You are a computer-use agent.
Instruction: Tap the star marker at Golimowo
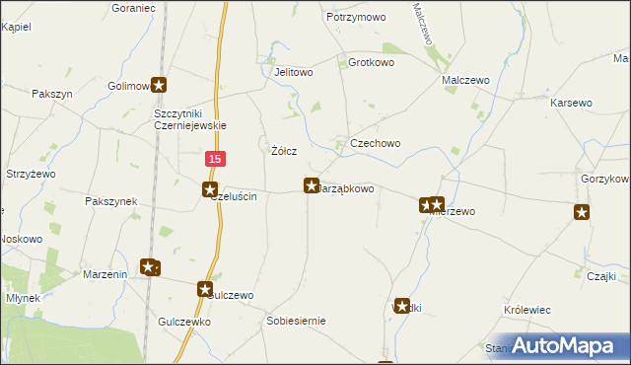[x=159, y=86]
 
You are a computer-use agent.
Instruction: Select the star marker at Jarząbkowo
[x=311, y=184]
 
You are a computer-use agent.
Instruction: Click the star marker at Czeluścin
[x=210, y=188]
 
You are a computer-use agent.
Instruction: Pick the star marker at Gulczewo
[x=205, y=289]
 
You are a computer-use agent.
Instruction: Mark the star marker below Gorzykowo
[x=582, y=211]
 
